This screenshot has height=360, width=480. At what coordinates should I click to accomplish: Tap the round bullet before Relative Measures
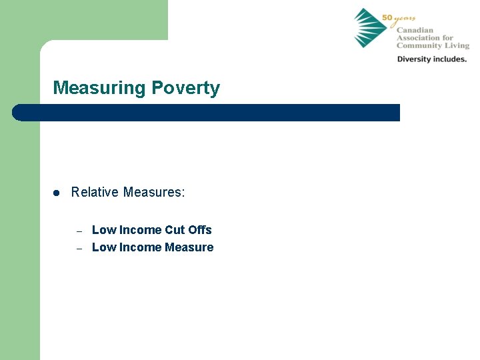tap(57, 193)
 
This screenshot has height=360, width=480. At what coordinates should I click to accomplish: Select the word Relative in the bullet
tap(93, 193)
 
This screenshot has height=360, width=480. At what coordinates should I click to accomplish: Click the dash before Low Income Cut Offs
tap(79, 231)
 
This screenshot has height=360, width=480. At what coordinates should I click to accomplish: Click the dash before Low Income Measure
tap(79, 248)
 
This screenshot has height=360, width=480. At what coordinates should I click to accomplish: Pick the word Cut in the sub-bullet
tap(175, 230)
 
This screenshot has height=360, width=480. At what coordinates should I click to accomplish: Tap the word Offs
tap(200, 230)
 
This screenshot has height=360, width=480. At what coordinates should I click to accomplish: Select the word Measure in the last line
tap(189, 247)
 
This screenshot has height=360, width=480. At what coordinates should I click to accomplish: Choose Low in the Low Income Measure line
tap(102, 247)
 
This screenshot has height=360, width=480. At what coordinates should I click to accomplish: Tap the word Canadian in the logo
tap(415, 31)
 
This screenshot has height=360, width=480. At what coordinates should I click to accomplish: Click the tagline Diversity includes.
tap(432, 59)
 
